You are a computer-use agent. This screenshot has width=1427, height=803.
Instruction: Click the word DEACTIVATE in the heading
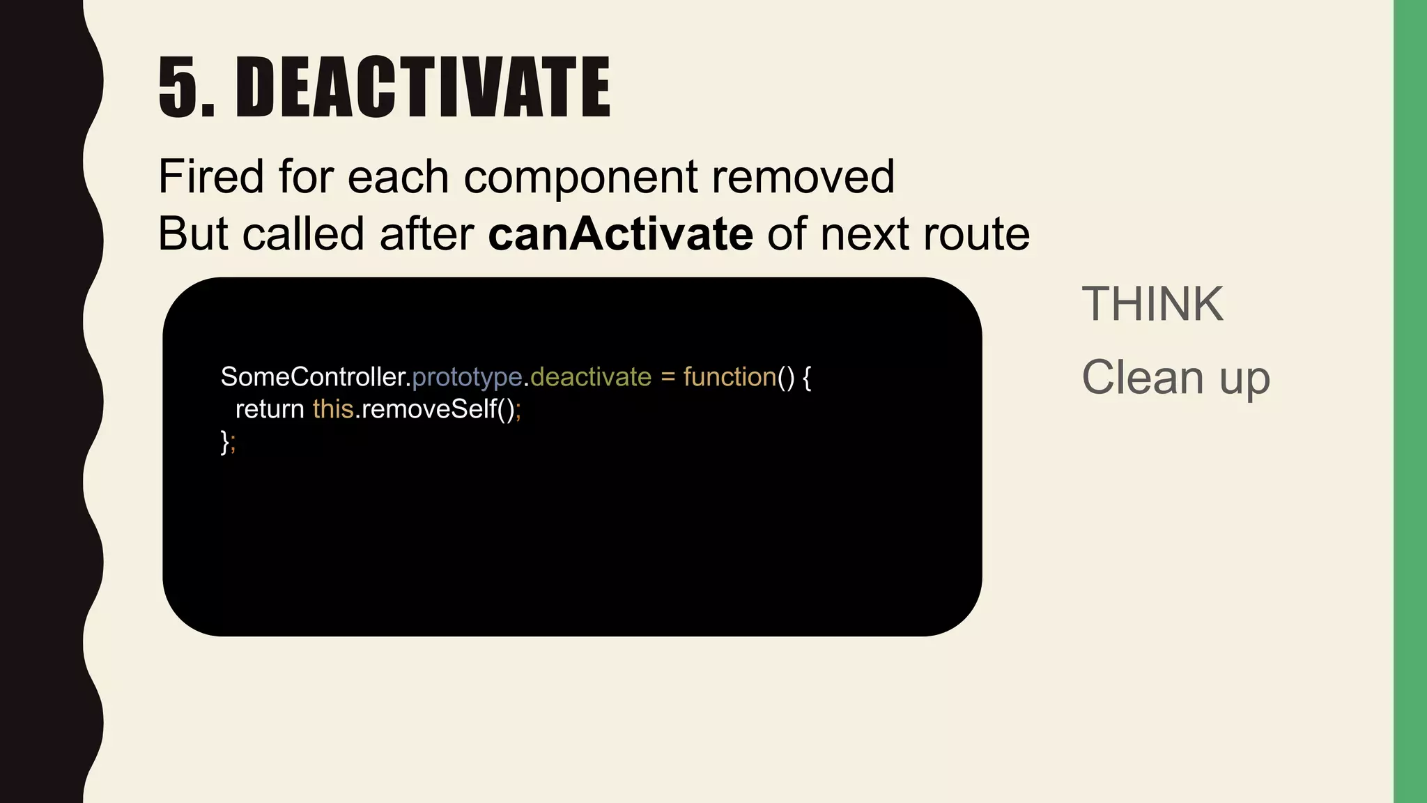(423, 87)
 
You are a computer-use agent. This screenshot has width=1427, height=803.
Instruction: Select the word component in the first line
(580, 178)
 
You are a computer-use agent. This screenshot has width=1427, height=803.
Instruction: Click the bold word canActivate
(620, 234)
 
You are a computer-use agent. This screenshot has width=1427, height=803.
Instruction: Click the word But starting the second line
(192, 234)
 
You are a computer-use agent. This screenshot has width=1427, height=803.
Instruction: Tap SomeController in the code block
(312, 377)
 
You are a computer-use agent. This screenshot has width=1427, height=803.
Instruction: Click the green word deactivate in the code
(591, 377)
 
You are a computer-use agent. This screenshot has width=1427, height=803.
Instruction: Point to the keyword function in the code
(730, 377)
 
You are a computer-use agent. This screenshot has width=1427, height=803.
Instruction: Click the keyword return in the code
(270, 409)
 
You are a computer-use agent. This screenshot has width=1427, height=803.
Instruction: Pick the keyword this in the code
(333, 409)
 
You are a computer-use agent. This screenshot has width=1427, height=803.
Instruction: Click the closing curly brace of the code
(224, 441)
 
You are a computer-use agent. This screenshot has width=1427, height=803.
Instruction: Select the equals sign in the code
(668, 377)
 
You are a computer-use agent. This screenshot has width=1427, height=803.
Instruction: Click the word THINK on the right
(1152, 304)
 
